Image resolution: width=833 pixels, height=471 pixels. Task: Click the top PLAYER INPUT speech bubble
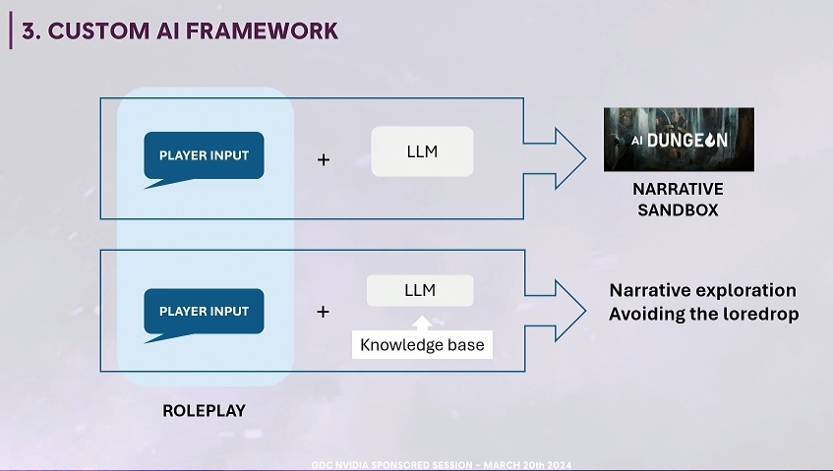point(204,155)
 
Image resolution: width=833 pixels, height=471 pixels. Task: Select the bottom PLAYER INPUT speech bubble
point(204,312)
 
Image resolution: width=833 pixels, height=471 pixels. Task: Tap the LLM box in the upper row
point(422,151)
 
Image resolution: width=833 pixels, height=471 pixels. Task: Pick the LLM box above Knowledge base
point(420,290)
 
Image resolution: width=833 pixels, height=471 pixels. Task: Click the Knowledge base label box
point(422,344)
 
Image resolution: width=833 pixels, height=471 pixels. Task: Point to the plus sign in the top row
point(324,160)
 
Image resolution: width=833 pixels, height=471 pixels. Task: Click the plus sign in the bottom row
point(323,312)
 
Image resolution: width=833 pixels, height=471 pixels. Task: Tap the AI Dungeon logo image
point(679,140)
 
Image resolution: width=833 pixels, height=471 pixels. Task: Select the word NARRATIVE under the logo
point(678,189)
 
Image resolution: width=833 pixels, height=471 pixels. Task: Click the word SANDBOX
point(678,210)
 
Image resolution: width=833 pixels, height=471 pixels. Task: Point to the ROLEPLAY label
point(204,410)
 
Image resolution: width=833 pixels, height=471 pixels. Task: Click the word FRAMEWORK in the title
point(262,30)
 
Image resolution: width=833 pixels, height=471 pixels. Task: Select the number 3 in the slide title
point(29,30)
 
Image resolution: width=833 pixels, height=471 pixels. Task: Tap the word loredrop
point(761,314)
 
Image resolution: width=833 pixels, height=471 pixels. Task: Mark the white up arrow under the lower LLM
point(422,324)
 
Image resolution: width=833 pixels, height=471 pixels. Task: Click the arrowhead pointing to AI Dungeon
point(569,158)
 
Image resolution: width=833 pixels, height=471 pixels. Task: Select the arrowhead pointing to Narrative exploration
point(569,311)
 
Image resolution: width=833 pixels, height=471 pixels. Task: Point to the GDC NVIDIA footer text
point(442,465)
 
